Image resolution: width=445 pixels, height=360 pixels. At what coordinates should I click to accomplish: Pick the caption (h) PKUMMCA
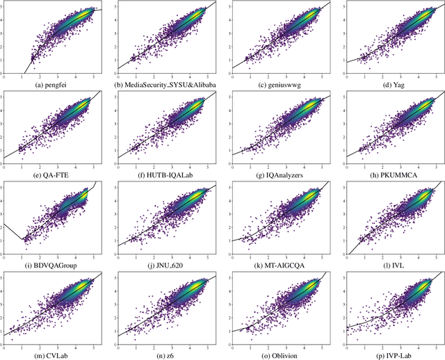point(389,174)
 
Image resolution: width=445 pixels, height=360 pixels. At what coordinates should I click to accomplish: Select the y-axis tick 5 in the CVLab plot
point(2,277)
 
